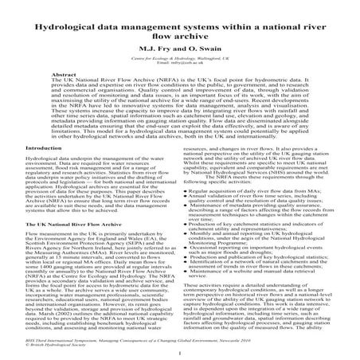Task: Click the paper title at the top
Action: (179, 18)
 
